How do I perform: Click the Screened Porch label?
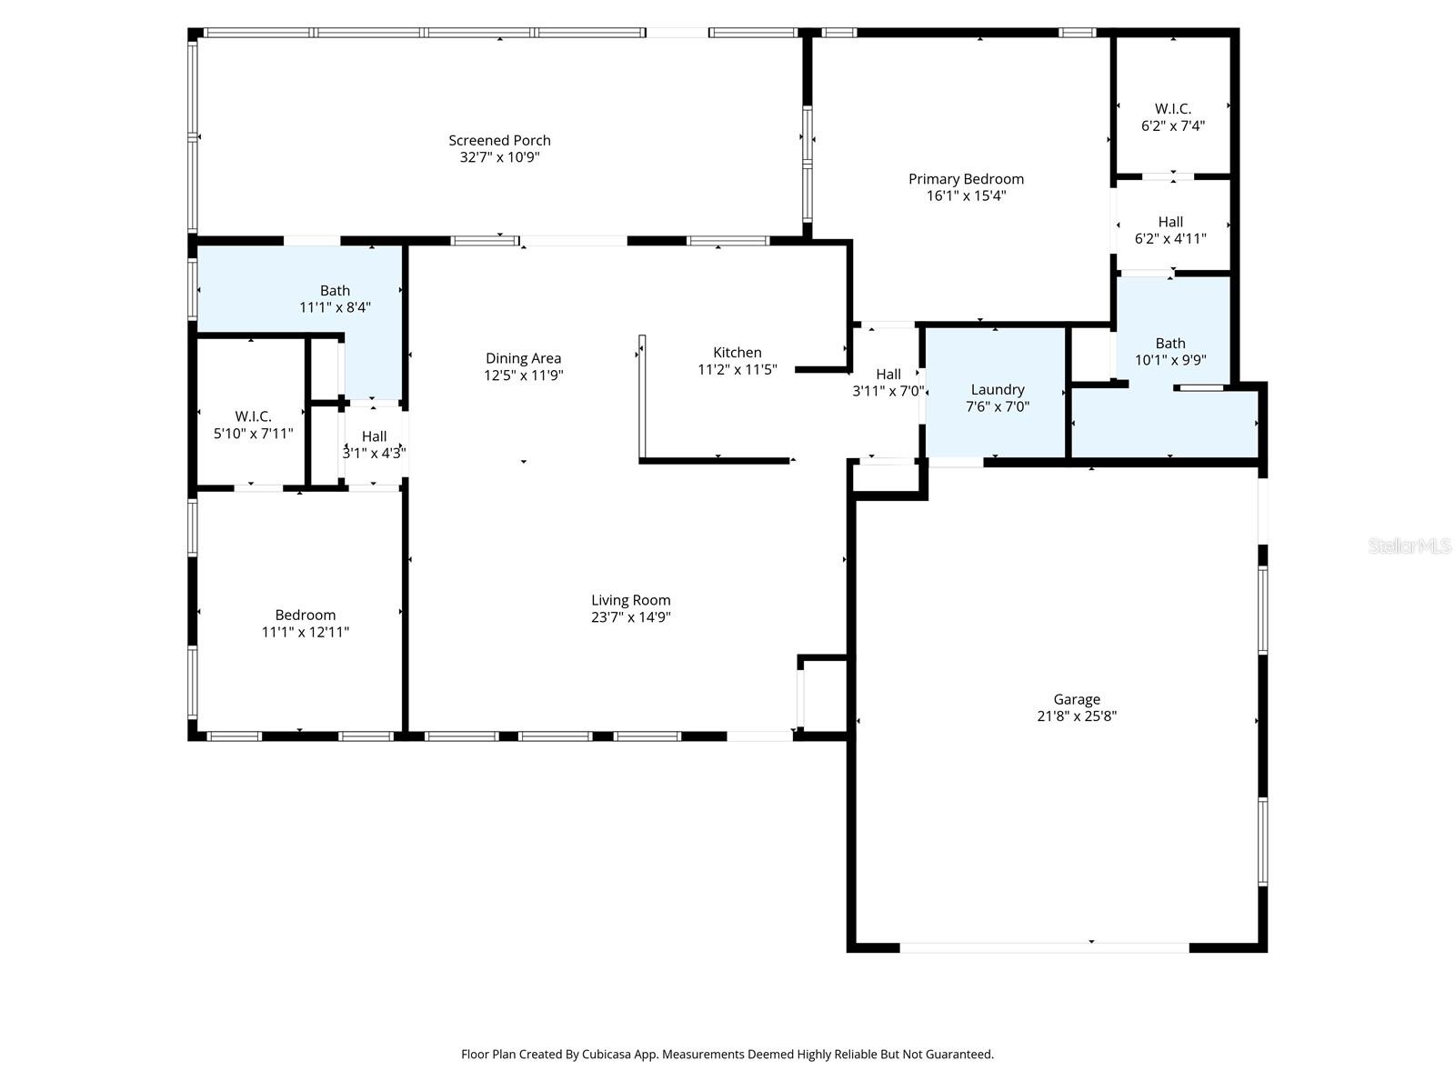point(499,140)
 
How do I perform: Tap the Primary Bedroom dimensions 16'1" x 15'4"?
point(966,195)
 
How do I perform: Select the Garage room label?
point(1077,699)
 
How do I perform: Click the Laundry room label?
point(998,389)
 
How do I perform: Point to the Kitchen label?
point(737,352)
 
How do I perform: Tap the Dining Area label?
point(523,358)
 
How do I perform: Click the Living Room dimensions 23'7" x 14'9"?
point(631,617)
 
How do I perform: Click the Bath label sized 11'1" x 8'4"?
point(335,291)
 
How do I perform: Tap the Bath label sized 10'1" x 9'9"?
point(1170,343)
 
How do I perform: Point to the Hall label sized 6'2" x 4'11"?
point(1170,222)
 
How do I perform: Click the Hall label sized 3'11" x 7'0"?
point(888,374)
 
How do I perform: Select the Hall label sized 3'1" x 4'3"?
point(374,436)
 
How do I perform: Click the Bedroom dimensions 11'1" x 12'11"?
point(306,632)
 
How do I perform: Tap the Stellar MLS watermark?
point(1410,546)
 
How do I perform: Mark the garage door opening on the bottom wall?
point(1044,947)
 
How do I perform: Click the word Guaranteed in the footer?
point(958,1055)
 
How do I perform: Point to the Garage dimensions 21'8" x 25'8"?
point(1077,716)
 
